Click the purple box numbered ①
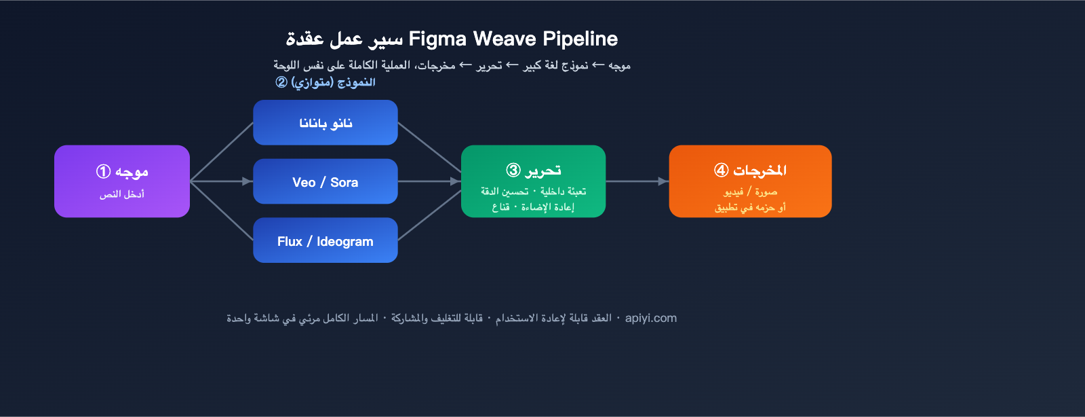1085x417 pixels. pyautogui.click(x=122, y=181)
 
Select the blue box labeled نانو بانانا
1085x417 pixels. pyautogui.click(x=325, y=123)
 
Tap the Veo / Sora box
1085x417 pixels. pyautogui.click(x=325, y=181)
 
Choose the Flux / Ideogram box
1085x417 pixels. pyautogui.click(x=325, y=240)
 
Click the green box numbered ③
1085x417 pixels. pyautogui.click(x=533, y=181)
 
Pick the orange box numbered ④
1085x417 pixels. pyautogui.click(x=750, y=181)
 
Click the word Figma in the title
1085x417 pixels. pyautogui.click(x=438, y=39)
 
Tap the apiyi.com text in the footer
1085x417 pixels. pyautogui.click(x=651, y=318)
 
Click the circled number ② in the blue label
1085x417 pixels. pyautogui.click(x=281, y=82)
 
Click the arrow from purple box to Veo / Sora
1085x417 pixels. pyautogui.click(x=221, y=181)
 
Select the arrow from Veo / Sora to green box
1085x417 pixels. pyautogui.click(x=429, y=181)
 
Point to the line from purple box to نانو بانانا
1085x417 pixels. pyautogui.click(x=221, y=151)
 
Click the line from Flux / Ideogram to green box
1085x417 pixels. pyautogui.click(x=429, y=215)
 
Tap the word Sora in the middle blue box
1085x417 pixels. pyautogui.click(x=344, y=182)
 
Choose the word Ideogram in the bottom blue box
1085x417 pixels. pyautogui.click(x=345, y=242)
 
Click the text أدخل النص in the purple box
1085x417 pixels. pyautogui.click(x=122, y=194)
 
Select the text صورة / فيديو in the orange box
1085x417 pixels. pyautogui.click(x=750, y=192)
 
